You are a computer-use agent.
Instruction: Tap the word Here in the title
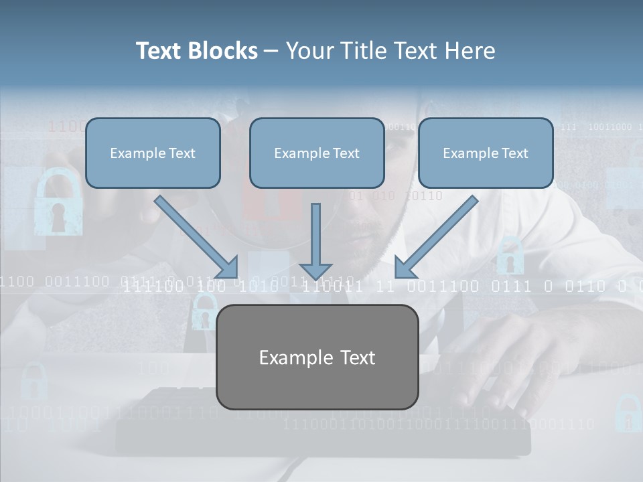pyautogui.click(x=472, y=51)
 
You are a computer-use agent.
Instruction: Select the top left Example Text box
pyautogui.click(x=153, y=153)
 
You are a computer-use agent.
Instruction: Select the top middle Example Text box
pyautogui.click(x=317, y=153)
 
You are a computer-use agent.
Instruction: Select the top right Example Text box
pyautogui.click(x=486, y=153)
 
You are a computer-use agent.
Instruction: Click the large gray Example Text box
pyautogui.click(x=317, y=357)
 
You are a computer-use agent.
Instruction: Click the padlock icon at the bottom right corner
pyautogui.click(x=628, y=412)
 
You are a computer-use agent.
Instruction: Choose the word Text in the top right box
pyautogui.click(x=514, y=153)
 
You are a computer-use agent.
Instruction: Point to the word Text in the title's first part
pyautogui.click(x=159, y=51)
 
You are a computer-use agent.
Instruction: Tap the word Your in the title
pyautogui.click(x=307, y=51)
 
